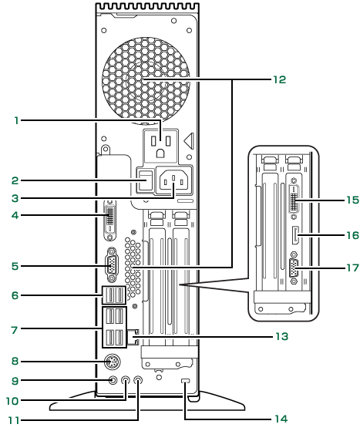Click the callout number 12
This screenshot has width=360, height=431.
279,79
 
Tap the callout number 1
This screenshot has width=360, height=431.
17,120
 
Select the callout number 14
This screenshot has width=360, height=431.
281,419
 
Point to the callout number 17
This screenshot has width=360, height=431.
352,268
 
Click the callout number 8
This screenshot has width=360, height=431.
15,361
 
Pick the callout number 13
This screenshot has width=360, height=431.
282,336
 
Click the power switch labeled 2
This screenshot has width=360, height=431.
146,180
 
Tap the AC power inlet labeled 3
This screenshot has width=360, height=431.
174,180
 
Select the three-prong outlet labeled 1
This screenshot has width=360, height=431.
161,146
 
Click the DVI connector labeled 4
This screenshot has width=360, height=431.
110,221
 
